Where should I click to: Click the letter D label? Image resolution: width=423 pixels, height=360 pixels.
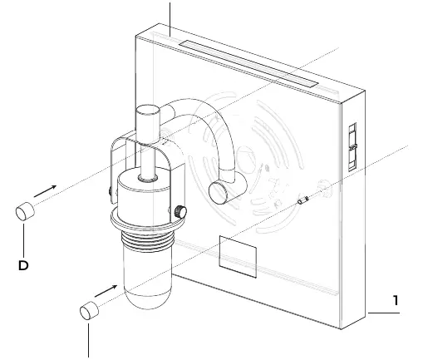pos(23,265)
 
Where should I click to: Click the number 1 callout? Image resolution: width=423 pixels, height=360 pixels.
pos(396,300)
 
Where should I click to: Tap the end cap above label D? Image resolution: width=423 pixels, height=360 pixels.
pos(25,211)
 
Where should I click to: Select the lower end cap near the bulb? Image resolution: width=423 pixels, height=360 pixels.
pos(89,310)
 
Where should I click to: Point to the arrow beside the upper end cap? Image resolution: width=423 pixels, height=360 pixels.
pos(45,191)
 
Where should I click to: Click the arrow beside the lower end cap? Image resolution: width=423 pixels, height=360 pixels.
pos(106,291)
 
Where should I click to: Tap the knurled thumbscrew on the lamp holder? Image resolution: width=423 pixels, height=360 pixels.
pos(180,212)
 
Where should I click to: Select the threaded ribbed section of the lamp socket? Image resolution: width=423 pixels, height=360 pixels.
pos(148,240)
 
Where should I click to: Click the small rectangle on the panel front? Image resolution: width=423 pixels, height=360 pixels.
pos(238,257)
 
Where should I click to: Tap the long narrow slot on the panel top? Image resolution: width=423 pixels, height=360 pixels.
pos(248,64)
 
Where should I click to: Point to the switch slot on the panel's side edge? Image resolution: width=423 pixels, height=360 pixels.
pos(352,147)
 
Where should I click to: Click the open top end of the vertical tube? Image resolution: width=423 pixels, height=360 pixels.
pos(148,110)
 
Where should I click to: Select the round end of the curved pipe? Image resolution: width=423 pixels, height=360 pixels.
pos(218,193)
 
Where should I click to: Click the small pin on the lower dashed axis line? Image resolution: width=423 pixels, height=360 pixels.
pos(302,200)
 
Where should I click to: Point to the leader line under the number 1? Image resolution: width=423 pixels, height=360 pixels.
pos(384,313)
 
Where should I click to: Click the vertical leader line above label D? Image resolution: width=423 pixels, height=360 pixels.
pos(23,240)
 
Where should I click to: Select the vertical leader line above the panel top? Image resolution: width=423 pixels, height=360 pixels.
pos(170,19)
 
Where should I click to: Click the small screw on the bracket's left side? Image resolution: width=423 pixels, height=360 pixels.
pos(110,191)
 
